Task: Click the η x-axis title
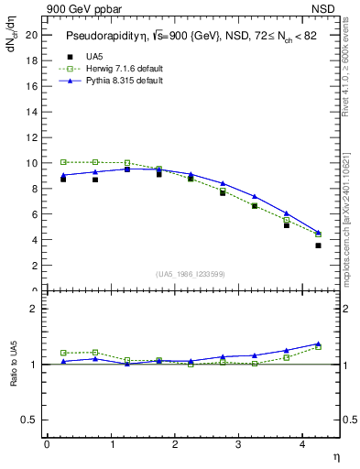point(334,455)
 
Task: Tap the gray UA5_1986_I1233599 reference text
point(191,275)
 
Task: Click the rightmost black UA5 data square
point(318,245)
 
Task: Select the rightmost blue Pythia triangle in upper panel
point(318,233)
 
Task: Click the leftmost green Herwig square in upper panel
point(63,162)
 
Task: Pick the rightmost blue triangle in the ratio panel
point(318,344)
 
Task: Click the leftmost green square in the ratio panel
point(63,353)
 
